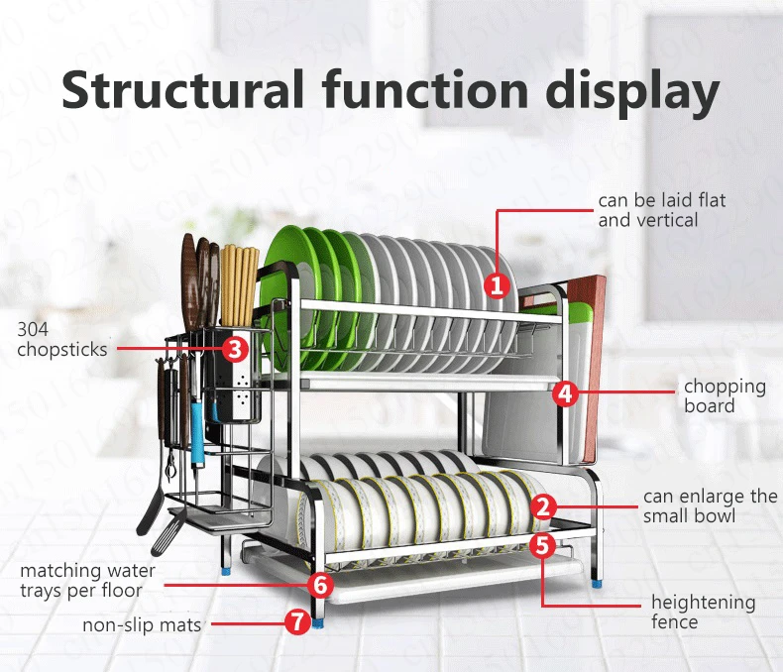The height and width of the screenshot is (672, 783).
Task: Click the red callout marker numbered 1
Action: coord(497,285)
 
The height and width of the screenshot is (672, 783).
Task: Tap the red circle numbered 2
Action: coord(543,506)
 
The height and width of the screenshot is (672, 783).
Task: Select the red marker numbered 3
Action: coord(235,349)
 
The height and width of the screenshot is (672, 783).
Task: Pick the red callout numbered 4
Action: coord(565,393)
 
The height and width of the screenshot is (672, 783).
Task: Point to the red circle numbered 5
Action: coord(542,545)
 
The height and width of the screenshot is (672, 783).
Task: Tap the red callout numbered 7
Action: coord(297,622)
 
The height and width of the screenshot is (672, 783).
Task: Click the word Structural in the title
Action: coord(182,90)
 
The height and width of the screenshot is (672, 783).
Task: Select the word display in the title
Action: coord(632,93)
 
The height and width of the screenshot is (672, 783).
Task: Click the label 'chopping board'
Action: coord(725,395)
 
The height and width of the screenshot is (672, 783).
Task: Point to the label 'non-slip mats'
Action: coord(142,624)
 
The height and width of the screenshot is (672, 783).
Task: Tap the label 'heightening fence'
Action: coord(703,612)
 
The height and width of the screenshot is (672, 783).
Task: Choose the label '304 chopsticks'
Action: coord(61,340)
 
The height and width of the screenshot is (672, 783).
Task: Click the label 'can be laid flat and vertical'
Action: coord(662,210)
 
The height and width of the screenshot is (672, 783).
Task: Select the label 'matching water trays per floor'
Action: coord(87,581)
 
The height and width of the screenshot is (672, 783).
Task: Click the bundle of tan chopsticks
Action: coord(239,285)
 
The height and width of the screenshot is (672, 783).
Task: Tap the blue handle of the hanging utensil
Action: coord(197,429)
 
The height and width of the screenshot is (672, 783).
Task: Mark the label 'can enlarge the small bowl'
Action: coord(710,505)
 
